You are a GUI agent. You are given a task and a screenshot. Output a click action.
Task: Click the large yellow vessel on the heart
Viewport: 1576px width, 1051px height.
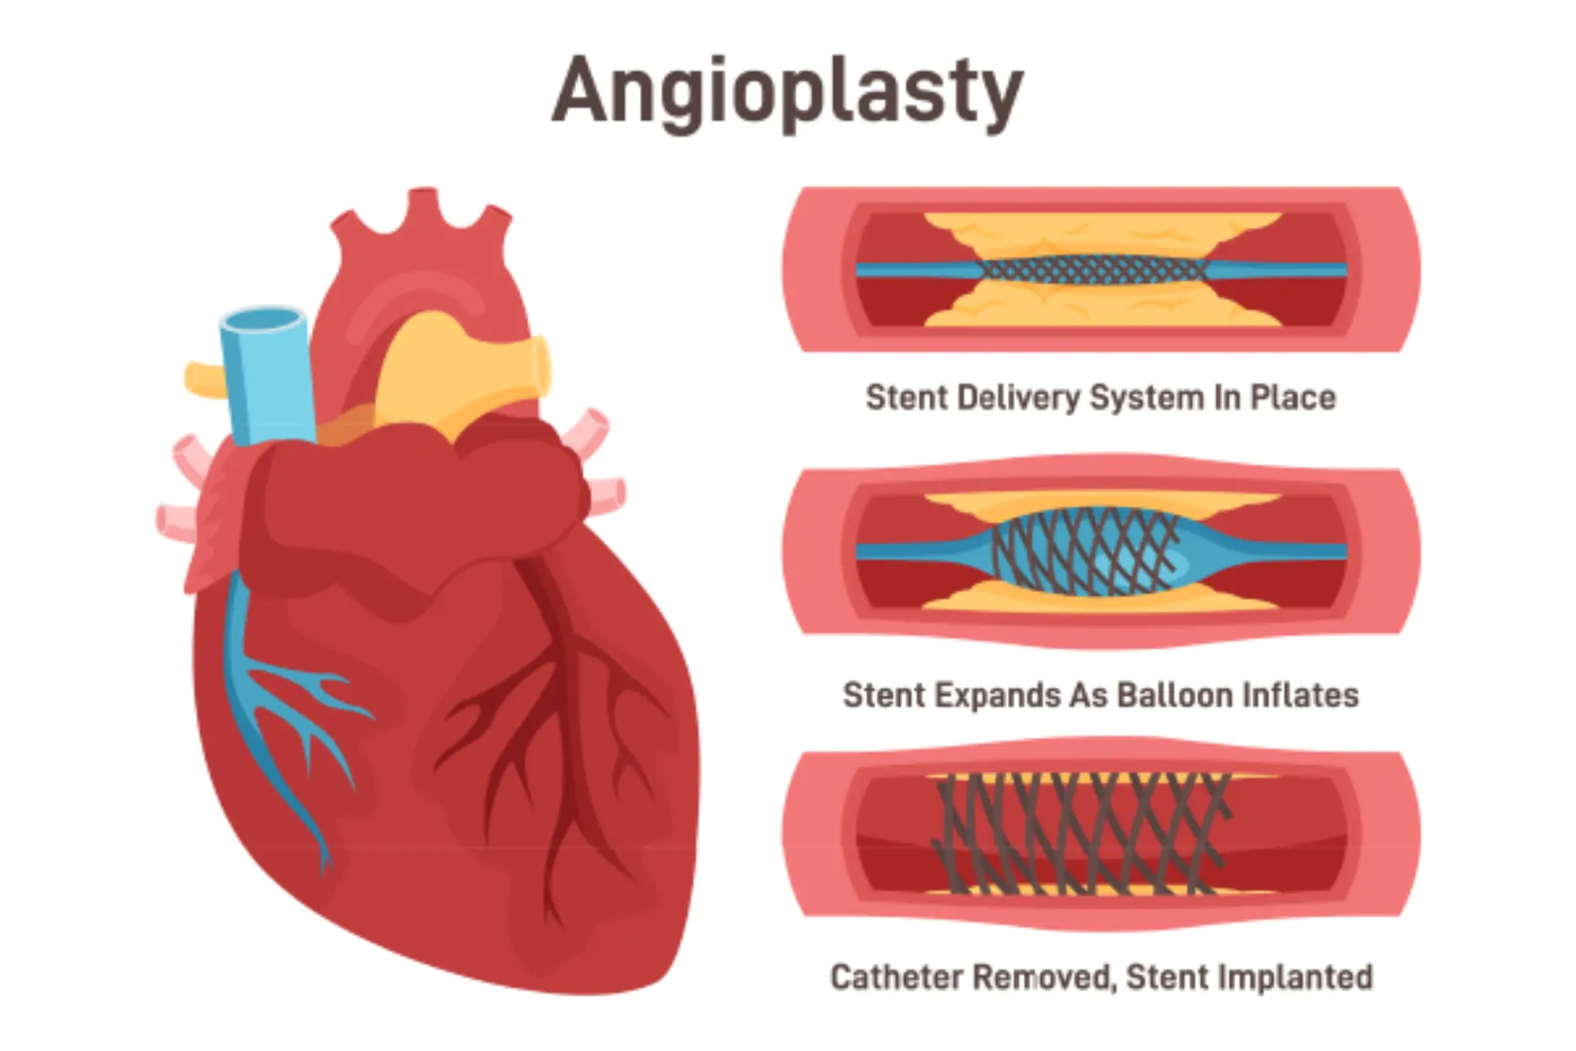(x=457, y=371)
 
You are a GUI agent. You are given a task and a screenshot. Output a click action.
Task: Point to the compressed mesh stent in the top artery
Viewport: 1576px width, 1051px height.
(x=1091, y=270)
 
